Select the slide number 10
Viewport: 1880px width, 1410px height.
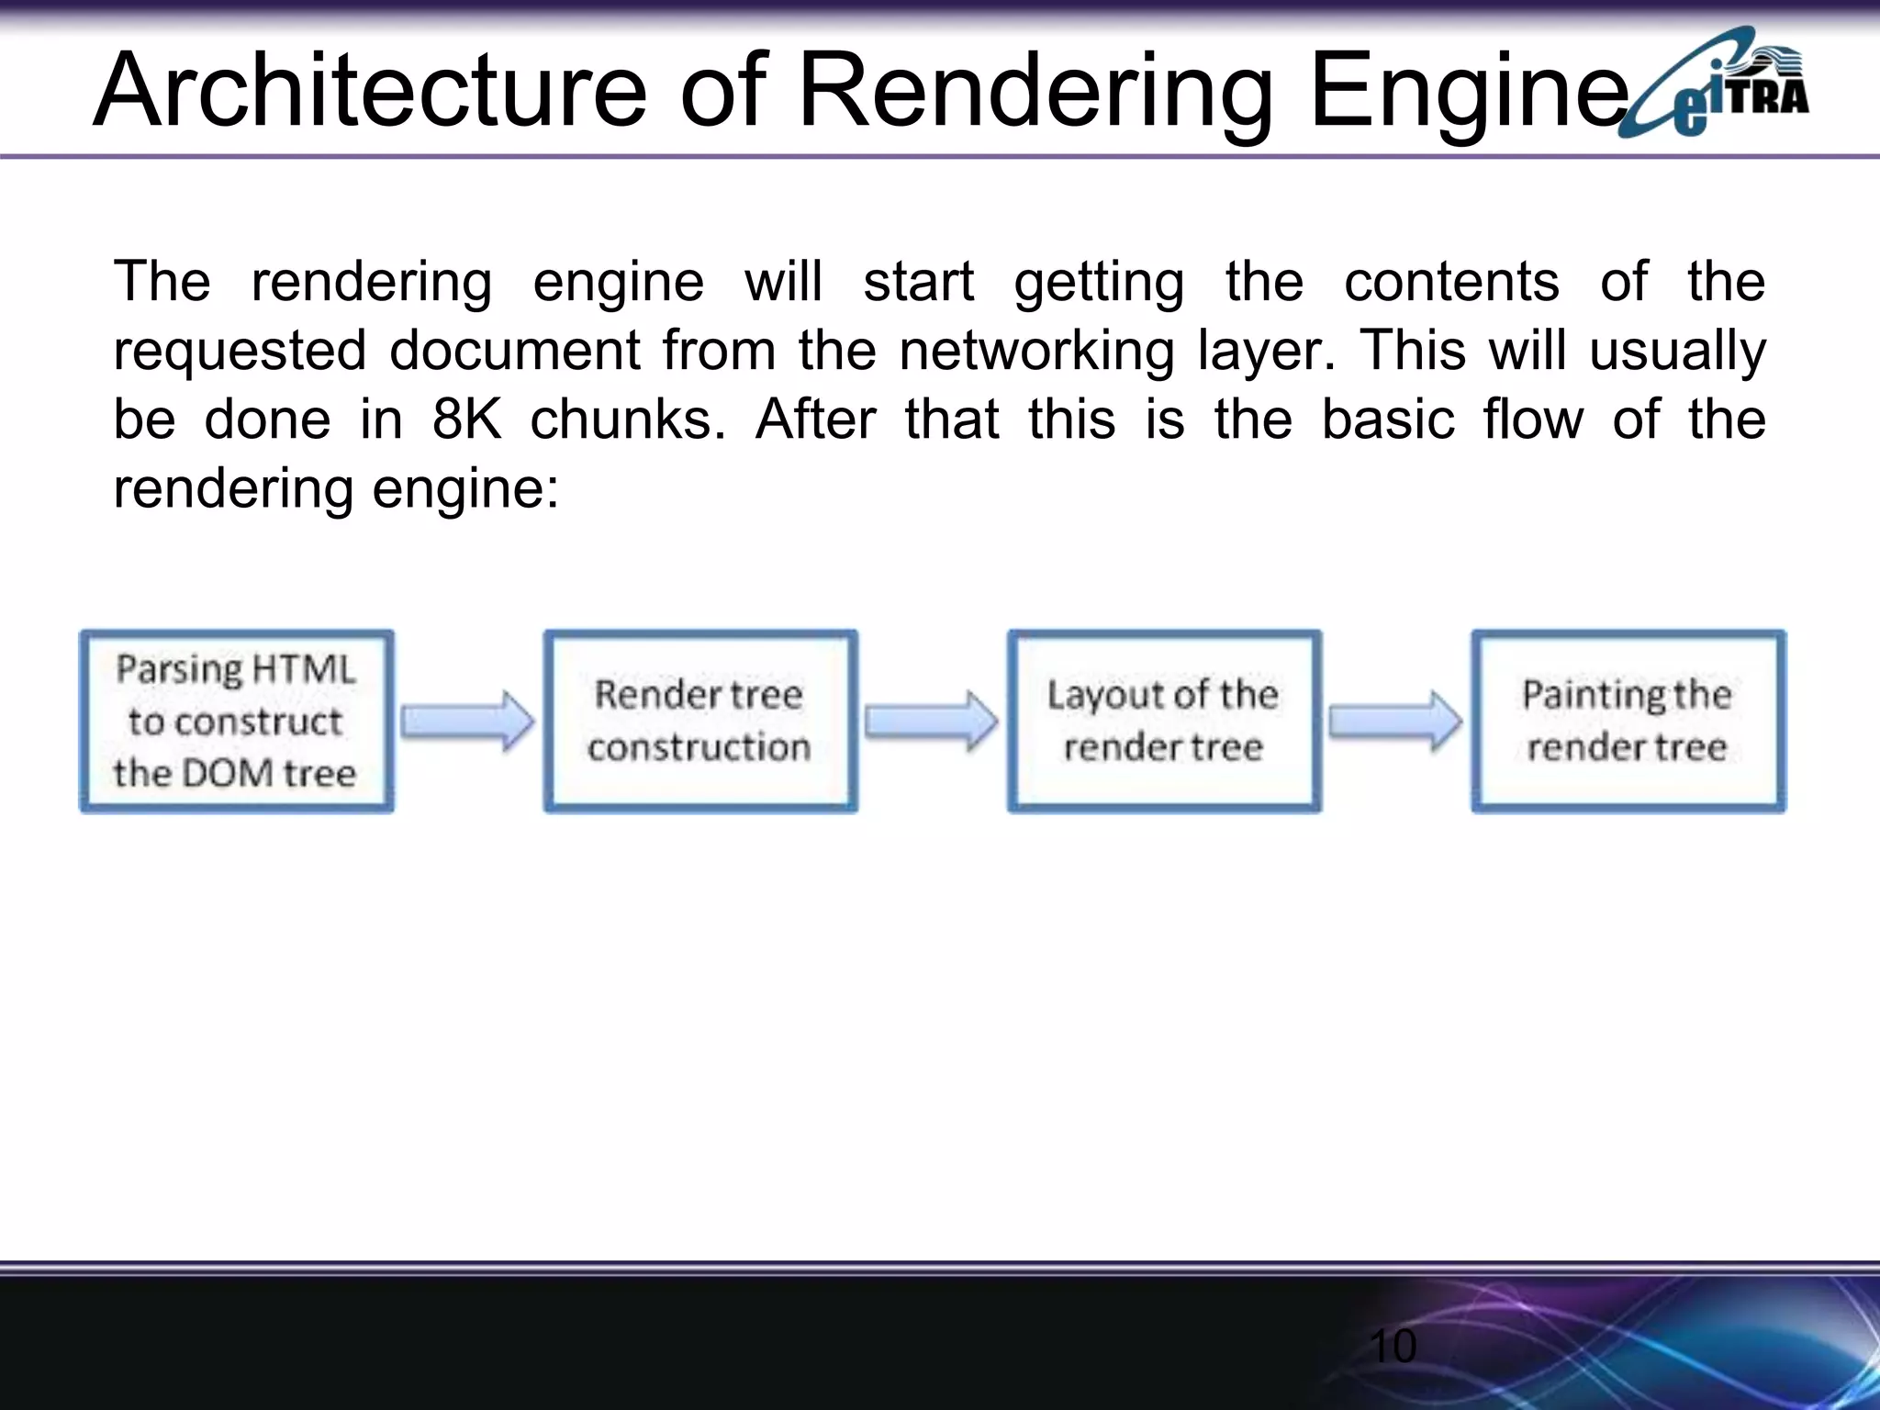coord(1392,1347)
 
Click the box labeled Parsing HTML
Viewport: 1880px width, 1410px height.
coord(236,721)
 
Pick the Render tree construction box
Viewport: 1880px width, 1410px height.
coord(699,721)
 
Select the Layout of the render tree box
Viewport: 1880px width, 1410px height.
coord(1164,721)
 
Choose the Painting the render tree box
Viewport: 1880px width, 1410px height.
coord(1628,721)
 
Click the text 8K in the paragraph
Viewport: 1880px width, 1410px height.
coord(466,420)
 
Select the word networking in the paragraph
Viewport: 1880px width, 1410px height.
coord(1036,351)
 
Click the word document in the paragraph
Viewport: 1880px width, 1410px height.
coord(514,351)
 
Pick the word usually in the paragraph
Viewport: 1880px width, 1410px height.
coord(1677,351)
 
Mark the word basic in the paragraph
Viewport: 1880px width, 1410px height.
coord(1388,420)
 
